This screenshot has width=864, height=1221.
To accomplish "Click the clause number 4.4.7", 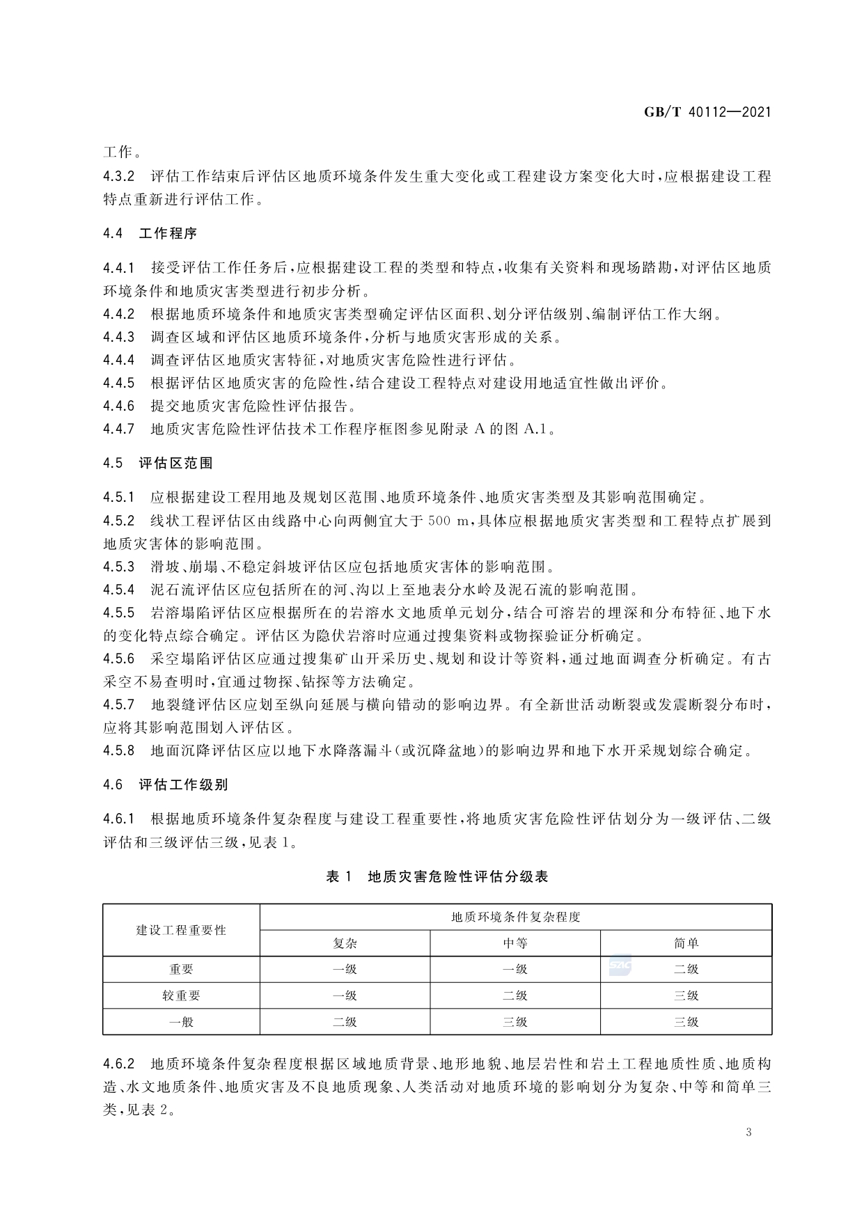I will pyautogui.click(x=118, y=429).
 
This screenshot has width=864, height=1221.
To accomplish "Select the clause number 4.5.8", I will pyautogui.click(x=118, y=751).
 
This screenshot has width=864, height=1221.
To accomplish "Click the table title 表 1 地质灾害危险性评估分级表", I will pyautogui.click(x=437, y=876).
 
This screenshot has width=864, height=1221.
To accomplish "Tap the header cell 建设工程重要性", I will pyautogui.click(x=181, y=930).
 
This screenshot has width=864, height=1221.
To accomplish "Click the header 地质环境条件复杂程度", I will pyautogui.click(x=515, y=917).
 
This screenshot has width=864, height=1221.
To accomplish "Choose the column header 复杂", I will pyautogui.click(x=345, y=943).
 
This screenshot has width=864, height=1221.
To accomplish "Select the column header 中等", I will pyautogui.click(x=515, y=943).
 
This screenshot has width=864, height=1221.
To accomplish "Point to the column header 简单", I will pyautogui.click(x=686, y=943).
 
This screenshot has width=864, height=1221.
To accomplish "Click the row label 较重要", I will pyautogui.click(x=181, y=995).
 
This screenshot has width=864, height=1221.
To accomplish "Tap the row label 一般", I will pyautogui.click(x=181, y=1022).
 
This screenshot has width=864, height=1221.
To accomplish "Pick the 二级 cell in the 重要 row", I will pyautogui.click(x=686, y=969).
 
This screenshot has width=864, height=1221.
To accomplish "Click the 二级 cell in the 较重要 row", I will pyautogui.click(x=515, y=995).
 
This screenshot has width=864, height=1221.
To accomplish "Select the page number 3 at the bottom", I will pyautogui.click(x=748, y=1131).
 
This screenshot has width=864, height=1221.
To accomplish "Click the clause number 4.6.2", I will pyautogui.click(x=118, y=1064).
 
